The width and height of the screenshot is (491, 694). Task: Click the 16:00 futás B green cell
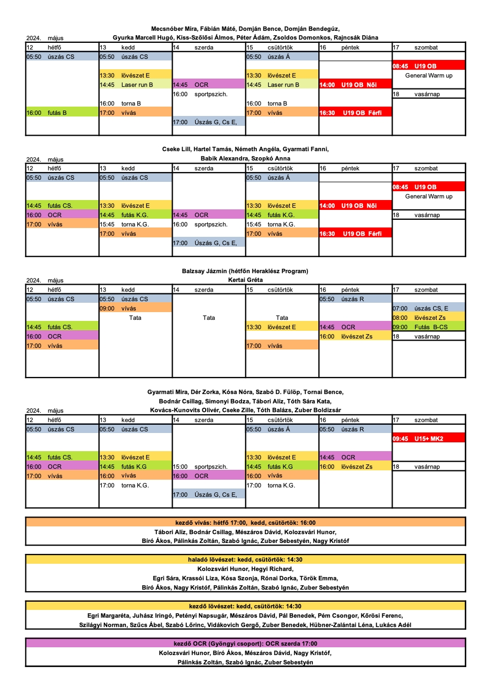point(62,113)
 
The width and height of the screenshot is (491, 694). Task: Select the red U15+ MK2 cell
point(429,438)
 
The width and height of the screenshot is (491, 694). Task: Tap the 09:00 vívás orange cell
point(135,308)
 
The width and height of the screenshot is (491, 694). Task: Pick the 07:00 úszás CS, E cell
point(429,308)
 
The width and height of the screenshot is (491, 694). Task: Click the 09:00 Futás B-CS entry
point(429,327)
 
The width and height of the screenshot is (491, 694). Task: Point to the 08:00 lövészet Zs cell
point(429,318)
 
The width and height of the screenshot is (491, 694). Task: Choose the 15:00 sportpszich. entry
point(209,467)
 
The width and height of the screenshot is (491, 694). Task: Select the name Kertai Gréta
point(245,280)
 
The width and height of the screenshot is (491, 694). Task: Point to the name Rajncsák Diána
point(357,37)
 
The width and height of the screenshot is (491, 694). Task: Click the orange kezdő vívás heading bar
point(245,523)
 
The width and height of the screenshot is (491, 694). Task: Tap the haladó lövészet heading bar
point(245,559)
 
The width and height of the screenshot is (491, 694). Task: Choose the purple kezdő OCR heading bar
point(245,643)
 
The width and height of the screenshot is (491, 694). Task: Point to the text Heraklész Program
point(280,271)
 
